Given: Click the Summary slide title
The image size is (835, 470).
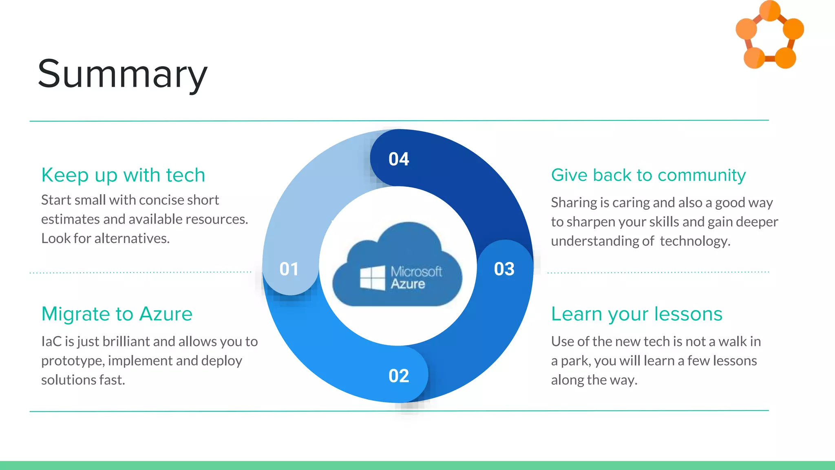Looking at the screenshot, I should point(122,74).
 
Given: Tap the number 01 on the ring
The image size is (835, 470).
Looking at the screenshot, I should point(289,269).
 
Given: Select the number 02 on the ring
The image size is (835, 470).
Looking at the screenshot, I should point(398,376).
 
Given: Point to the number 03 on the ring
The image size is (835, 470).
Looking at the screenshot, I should point(504,269).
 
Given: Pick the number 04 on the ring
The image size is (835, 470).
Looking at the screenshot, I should point(398,159).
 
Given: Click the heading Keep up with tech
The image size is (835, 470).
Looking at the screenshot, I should point(123,175).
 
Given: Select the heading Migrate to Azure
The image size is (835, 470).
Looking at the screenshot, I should point(117,314).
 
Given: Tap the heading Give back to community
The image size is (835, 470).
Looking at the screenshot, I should point(648,175).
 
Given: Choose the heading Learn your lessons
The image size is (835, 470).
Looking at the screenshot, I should point(636,314).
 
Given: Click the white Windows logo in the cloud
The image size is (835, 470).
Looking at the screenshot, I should point(373,278).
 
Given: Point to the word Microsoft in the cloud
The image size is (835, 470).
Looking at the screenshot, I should point(416,271).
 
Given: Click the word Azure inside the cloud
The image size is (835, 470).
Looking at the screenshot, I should point(408,284).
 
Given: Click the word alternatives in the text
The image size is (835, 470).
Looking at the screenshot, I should point(131,238).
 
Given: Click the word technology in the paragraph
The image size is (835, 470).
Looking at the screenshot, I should point(695,241).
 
